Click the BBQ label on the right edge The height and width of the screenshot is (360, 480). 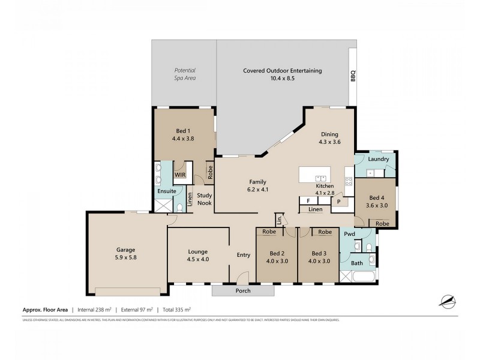coord(353,77)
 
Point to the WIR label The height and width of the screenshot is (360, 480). coord(180,174)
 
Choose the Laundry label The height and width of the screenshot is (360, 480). coord(379,159)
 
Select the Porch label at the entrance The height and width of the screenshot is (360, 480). coord(243,291)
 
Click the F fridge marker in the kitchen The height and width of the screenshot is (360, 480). coord(308,201)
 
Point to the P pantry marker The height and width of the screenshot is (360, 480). coord(338,202)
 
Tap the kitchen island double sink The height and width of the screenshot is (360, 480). coord(320,178)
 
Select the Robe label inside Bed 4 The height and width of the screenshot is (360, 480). coord(382,223)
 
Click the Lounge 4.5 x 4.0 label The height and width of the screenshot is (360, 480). coord(197,256)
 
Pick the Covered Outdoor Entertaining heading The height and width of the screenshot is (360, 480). coord(282,71)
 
